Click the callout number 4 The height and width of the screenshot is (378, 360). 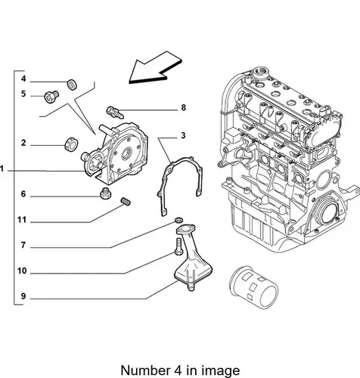(23, 79)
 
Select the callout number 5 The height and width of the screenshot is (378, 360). (23, 94)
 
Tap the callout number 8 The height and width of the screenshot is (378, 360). (184, 107)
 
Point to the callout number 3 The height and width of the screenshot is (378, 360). (183, 135)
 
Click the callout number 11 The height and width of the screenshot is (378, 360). (22, 220)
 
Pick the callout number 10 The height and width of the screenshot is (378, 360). (22, 271)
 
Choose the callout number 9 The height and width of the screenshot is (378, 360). (23, 296)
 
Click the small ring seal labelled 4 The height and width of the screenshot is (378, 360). (72, 84)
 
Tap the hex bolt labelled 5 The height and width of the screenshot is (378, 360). (51, 97)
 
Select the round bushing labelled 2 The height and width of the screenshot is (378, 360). (71, 144)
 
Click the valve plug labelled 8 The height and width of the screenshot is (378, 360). (115, 113)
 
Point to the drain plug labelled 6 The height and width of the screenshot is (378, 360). (106, 194)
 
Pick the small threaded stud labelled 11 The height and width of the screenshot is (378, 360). (126, 202)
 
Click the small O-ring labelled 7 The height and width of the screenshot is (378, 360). (178, 220)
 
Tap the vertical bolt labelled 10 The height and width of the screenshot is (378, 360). (178, 246)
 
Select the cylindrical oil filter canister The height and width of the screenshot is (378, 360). (253, 287)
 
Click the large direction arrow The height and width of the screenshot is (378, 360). (155, 67)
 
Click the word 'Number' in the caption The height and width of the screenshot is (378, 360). (145, 370)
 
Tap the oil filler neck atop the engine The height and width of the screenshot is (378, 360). (261, 73)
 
